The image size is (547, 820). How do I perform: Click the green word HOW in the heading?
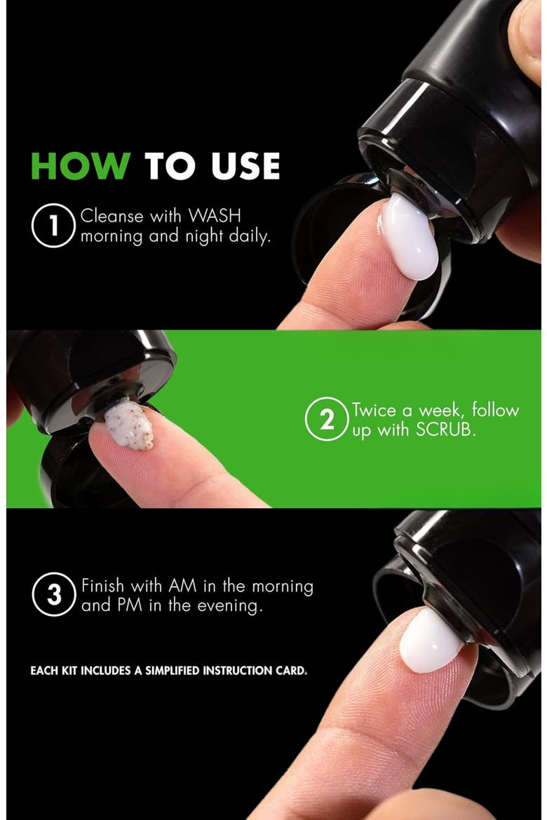coord(81,166)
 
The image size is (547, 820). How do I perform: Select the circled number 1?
coord(53,226)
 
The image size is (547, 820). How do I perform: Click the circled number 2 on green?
coord(327,419)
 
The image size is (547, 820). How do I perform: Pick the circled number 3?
coord(54,594)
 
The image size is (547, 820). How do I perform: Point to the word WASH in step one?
coord(215,215)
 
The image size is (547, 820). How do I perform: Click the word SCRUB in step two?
coord(445,430)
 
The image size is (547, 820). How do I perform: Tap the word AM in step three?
coord(182,586)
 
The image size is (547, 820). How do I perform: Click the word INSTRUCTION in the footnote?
coord(238,671)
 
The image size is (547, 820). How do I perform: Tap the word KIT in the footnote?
coord(69,671)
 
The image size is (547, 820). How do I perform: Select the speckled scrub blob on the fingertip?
coord(129,423)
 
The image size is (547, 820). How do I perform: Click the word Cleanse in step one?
coord(112,216)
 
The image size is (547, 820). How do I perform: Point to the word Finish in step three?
coord(102,586)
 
